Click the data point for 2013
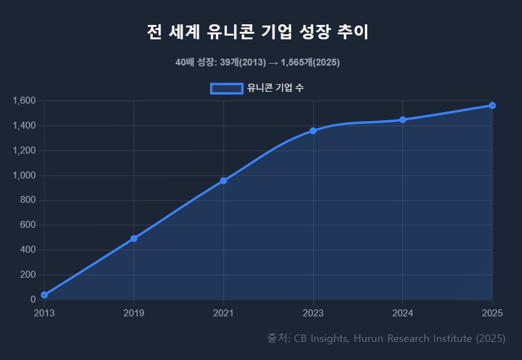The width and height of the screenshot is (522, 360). [44, 294]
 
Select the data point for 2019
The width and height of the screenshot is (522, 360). [133, 238]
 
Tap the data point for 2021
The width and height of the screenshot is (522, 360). [223, 181]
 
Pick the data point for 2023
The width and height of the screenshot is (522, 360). [313, 130]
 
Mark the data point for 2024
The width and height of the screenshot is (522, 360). [403, 119]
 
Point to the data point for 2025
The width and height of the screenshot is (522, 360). [492, 105]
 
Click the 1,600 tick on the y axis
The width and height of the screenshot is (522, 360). [25, 100]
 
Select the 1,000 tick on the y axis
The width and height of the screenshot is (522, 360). [25, 175]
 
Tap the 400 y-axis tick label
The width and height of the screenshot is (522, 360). [29, 250]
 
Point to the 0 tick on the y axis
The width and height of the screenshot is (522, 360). [33, 299]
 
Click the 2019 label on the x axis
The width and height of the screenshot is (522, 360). [133, 312]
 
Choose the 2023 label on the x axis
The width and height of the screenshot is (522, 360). [313, 312]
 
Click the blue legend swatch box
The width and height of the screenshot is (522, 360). [226, 88]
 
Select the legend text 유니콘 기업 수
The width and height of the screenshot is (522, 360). [275, 88]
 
